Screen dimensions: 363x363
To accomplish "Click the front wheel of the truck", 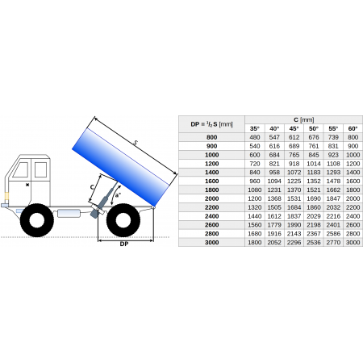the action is click(x=37, y=220).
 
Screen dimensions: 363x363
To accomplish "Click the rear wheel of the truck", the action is click(x=123, y=220).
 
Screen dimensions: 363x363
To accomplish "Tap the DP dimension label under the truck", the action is click(x=124, y=244).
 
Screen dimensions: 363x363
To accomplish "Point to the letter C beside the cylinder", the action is click(x=92, y=187).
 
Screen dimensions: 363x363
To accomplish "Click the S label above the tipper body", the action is click(x=136, y=143).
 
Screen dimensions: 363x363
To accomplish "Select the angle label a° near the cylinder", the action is click(x=118, y=194).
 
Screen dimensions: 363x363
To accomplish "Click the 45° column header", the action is click(x=294, y=128).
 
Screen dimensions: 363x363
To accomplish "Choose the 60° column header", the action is click(x=353, y=128).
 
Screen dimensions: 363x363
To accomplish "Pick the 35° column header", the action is click(x=255, y=128).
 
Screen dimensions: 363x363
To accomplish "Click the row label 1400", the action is click(x=211, y=173).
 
